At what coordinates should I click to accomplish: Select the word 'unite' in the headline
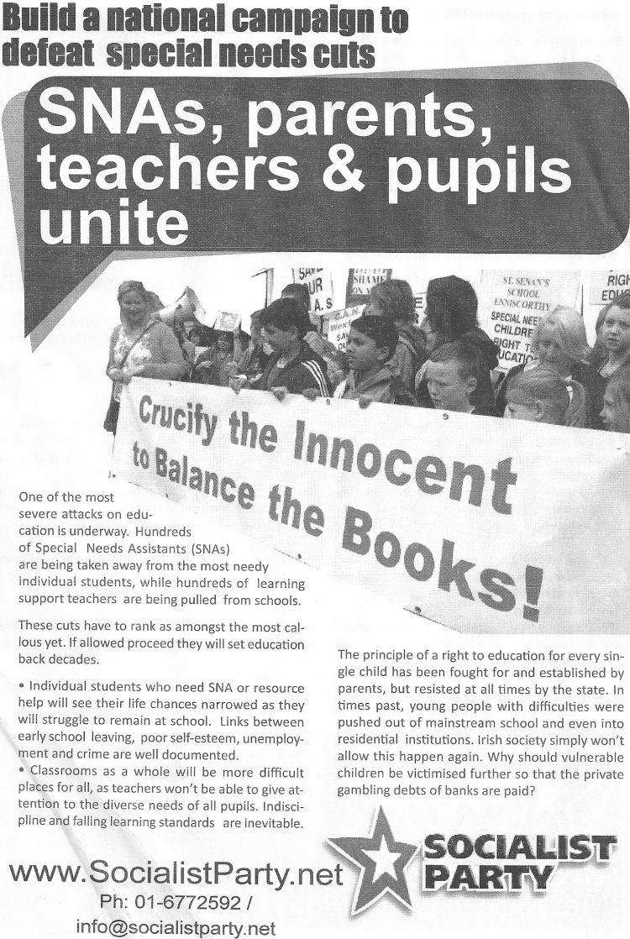pos(114,219)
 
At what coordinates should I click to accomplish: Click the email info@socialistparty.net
pos(176,927)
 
